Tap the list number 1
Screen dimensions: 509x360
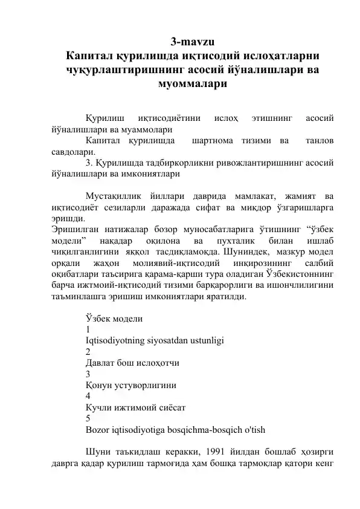(88, 329)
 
